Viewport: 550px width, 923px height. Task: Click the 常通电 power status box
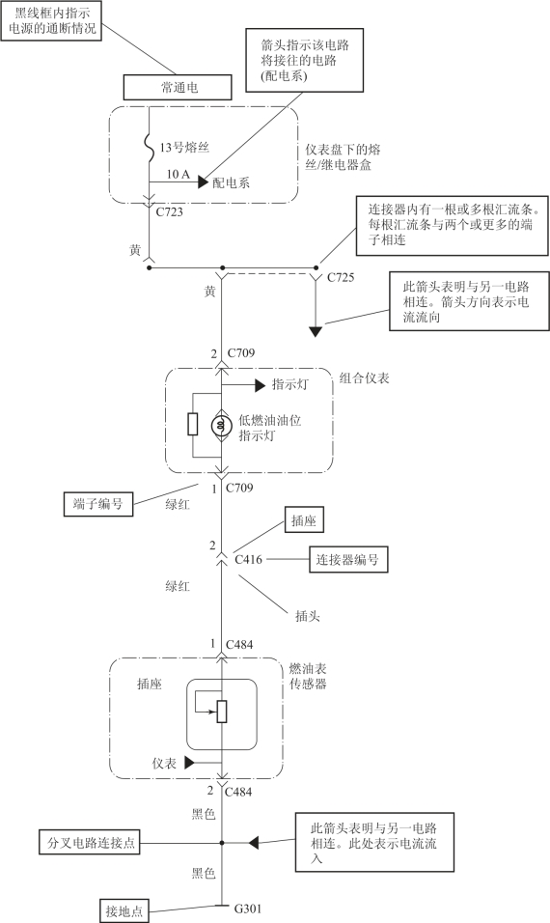(x=178, y=88)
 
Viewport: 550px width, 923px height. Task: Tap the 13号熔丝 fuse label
(x=184, y=147)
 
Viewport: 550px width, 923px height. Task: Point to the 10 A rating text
(x=179, y=174)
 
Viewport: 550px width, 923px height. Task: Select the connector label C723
(x=170, y=211)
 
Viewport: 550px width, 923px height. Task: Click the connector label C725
(x=341, y=277)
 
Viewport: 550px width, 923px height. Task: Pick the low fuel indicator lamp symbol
(x=222, y=425)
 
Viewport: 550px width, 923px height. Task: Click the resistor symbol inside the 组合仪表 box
(x=193, y=425)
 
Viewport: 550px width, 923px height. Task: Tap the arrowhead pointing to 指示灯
(x=260, y=385)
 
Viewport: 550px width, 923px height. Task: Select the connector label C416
(x=248, y=559)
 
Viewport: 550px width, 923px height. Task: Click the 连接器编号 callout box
(x=348, y=559)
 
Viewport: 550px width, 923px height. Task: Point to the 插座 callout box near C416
(x=304, y=520)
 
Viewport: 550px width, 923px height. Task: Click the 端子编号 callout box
(x=98, y=504)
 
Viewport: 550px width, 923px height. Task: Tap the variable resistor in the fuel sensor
(x=222, y=712)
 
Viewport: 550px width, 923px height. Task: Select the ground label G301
(x=248, y=909)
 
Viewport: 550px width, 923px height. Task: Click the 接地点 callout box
(x=124, y=911)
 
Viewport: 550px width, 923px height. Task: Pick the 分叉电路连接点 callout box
(x=91, y=843)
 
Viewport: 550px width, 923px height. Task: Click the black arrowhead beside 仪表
(x=189, y=763)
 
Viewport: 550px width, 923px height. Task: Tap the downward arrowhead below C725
(x=316, y=331)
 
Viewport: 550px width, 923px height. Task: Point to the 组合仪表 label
(x=364, y=378)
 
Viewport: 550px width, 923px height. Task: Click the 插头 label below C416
(x=308, y=616)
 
